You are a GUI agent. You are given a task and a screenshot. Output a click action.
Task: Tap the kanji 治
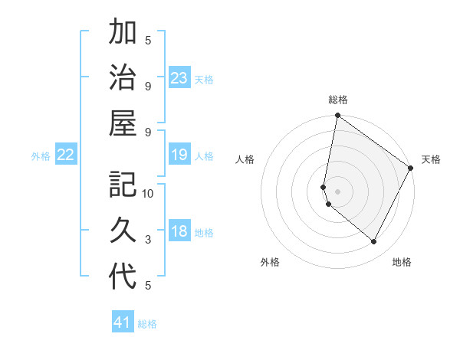[123, 79]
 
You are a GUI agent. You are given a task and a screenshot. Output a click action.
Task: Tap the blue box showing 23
[179, 78]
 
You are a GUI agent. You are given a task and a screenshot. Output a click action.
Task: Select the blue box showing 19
[179, 155]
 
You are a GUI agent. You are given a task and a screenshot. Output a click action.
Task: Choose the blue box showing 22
[66, 155]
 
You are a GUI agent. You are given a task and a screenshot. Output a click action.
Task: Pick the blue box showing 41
[123, 322]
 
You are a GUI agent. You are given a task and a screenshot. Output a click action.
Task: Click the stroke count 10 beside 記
[148, 194]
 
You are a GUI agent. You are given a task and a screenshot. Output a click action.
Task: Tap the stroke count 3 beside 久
[148, 240]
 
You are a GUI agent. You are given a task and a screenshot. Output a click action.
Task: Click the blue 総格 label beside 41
[147, 324]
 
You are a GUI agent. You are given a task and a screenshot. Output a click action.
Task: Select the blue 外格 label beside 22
[41, 156]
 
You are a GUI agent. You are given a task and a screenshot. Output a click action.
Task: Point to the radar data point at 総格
[337, 116]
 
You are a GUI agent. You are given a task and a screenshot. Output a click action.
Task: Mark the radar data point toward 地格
[374, 242]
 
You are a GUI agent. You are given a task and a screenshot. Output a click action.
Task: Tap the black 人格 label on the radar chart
[245, 159]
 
